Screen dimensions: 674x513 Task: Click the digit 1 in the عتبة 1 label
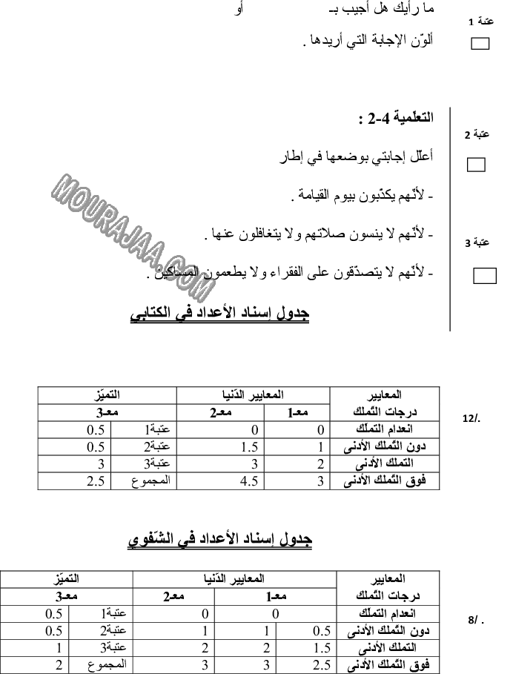click(x=471, y=22)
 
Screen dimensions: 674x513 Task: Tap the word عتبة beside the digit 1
click(x=486, y=21)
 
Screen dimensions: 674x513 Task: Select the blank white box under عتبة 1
click(x=480, y=44)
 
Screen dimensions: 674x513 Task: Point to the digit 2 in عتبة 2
click(x=467, y=136)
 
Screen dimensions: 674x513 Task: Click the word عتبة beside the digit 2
click(x=482, y=134)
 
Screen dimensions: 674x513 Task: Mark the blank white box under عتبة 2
click(x=476, y=165)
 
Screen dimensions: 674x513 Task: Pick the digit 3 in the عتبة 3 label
click(x=467, y=243)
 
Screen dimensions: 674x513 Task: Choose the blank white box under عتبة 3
click(x=485, y=276)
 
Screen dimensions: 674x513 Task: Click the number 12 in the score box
click(x=467, y=418)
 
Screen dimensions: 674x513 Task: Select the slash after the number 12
click(x=474, y=418)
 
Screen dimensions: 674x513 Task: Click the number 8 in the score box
click(x=471, y=620)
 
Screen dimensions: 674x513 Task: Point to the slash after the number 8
click(x=476, y=620)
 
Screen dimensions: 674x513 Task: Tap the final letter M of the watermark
click(x=202, y=288)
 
